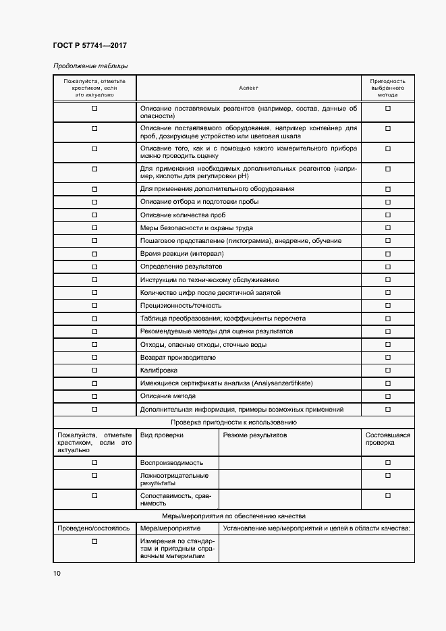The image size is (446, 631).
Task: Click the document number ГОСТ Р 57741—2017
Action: click(90, 45)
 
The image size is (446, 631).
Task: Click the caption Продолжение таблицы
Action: click(90, 66)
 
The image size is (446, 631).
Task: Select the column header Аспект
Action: click(248, 88)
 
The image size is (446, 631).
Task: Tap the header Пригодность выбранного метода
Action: click(387, 88)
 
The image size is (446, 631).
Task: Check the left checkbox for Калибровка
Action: click(94, 371)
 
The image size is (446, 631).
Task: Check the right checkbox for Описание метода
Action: click(387, 396)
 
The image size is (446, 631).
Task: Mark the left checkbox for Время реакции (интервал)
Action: click(94, 254)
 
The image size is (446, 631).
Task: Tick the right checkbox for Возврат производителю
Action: click(387, 358)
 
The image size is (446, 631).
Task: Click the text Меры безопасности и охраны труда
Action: click(196, 228)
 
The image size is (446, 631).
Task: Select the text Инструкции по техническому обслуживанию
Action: click(209, 280)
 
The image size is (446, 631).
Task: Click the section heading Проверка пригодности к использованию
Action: click(233, 422)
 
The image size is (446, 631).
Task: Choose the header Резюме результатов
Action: click(255, 435)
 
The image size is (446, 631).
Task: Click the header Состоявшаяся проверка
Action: click(387, 439)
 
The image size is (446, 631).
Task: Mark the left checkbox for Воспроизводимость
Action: click(94, 463)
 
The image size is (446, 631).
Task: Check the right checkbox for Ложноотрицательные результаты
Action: click(387, 476)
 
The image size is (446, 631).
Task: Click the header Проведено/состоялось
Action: click(94, 528)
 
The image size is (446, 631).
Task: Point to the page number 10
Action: click(57, 574)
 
